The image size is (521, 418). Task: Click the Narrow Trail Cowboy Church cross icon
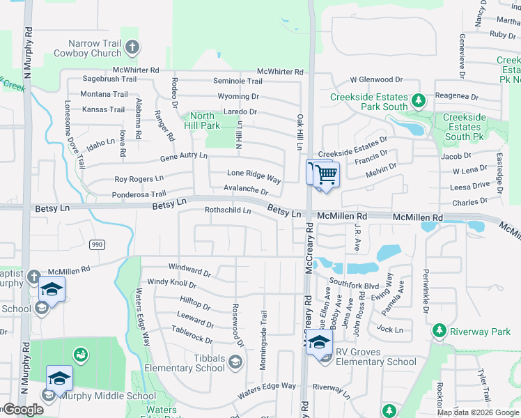click(x=132, y=47)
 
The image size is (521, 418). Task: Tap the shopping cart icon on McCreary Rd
click(x=325, y=174)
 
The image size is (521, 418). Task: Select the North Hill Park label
click(x=202, y=121)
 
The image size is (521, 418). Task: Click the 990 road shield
click(x=96, y=244)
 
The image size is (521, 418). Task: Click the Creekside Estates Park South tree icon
click(x=418, y=101)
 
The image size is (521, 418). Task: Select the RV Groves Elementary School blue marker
click(x=319, y=342)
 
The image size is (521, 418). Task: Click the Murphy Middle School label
click(x=108, y=396)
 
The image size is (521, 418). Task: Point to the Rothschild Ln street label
click(x=227, y=210)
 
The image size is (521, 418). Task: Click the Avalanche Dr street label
click(x=245, y=189)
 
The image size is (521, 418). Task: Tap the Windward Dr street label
click(x=189, y=268)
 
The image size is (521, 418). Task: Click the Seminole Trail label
click(x=238, y=82)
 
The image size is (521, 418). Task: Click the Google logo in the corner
click(x=22, y=410)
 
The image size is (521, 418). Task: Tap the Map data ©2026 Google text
click(x=478, y=412)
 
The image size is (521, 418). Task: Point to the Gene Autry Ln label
click(x=184, y=157)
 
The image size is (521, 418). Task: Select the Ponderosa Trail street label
click(x=140, y=194)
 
